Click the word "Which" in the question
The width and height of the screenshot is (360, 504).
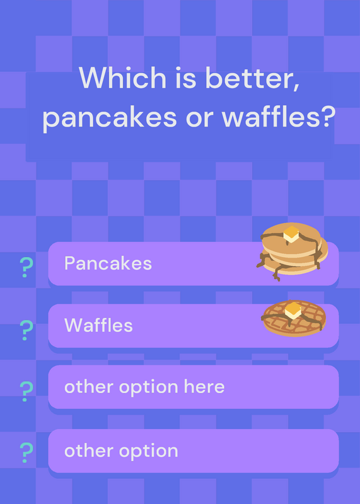coord(122,77)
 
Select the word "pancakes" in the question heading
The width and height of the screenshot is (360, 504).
coord(110,118)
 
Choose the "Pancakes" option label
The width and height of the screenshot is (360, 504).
coord(108,263)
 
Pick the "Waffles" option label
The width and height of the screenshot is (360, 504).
coord(98,325)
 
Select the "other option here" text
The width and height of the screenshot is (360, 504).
coord(144,387)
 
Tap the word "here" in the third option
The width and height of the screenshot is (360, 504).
coord(204,386)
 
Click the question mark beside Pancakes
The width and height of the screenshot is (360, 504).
coord(26,267)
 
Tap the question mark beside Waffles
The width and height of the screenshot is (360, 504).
coord(26,330)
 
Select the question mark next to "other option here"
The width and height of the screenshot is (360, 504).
coord(26,391)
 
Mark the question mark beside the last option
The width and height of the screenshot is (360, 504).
coord(26,452)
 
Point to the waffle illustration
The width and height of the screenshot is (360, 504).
coord(294,318)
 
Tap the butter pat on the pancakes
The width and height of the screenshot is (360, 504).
coord(291,234)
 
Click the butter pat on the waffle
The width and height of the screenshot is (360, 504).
coord(293,311)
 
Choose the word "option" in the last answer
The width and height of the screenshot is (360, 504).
coord(149,452)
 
